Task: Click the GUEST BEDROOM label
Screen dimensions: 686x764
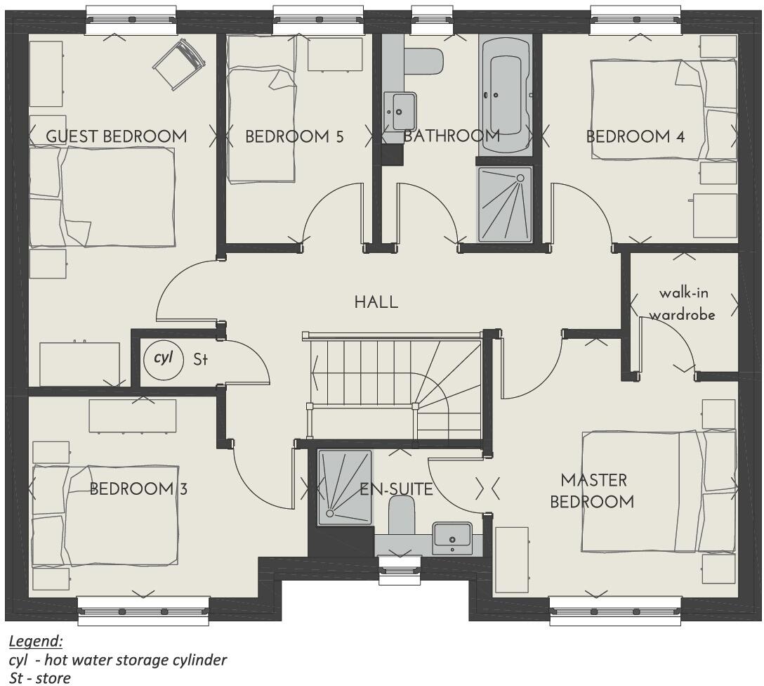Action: (117, 136)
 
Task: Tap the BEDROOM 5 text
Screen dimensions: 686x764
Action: (294, 136)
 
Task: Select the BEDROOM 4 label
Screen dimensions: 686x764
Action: (635, 136)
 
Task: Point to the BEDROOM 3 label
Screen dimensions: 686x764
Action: (138, 489)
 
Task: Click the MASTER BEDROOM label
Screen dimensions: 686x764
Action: (592, 491)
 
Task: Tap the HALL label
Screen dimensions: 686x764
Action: (376, 302)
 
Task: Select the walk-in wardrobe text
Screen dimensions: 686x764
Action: (681, 304)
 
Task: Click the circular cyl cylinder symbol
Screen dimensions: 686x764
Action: (163, 358)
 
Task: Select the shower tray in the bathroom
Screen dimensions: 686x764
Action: (505, 205)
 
